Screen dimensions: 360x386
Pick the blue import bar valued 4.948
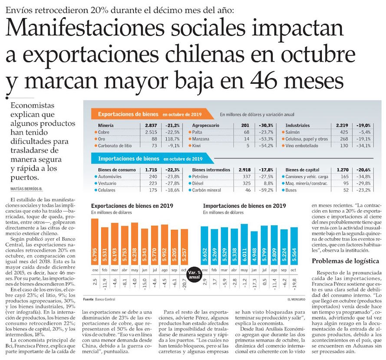pyautogui.click(x=254, y=251)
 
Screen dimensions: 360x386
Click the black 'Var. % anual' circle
pyautogui.click(x=194, y=274)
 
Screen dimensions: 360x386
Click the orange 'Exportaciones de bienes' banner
pyautogui.click(x=128, y=115)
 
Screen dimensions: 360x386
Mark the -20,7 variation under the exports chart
pyautogui.click(x=184, y=285)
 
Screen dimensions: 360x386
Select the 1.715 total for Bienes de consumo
pyautogui.click(x=151, y=170)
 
